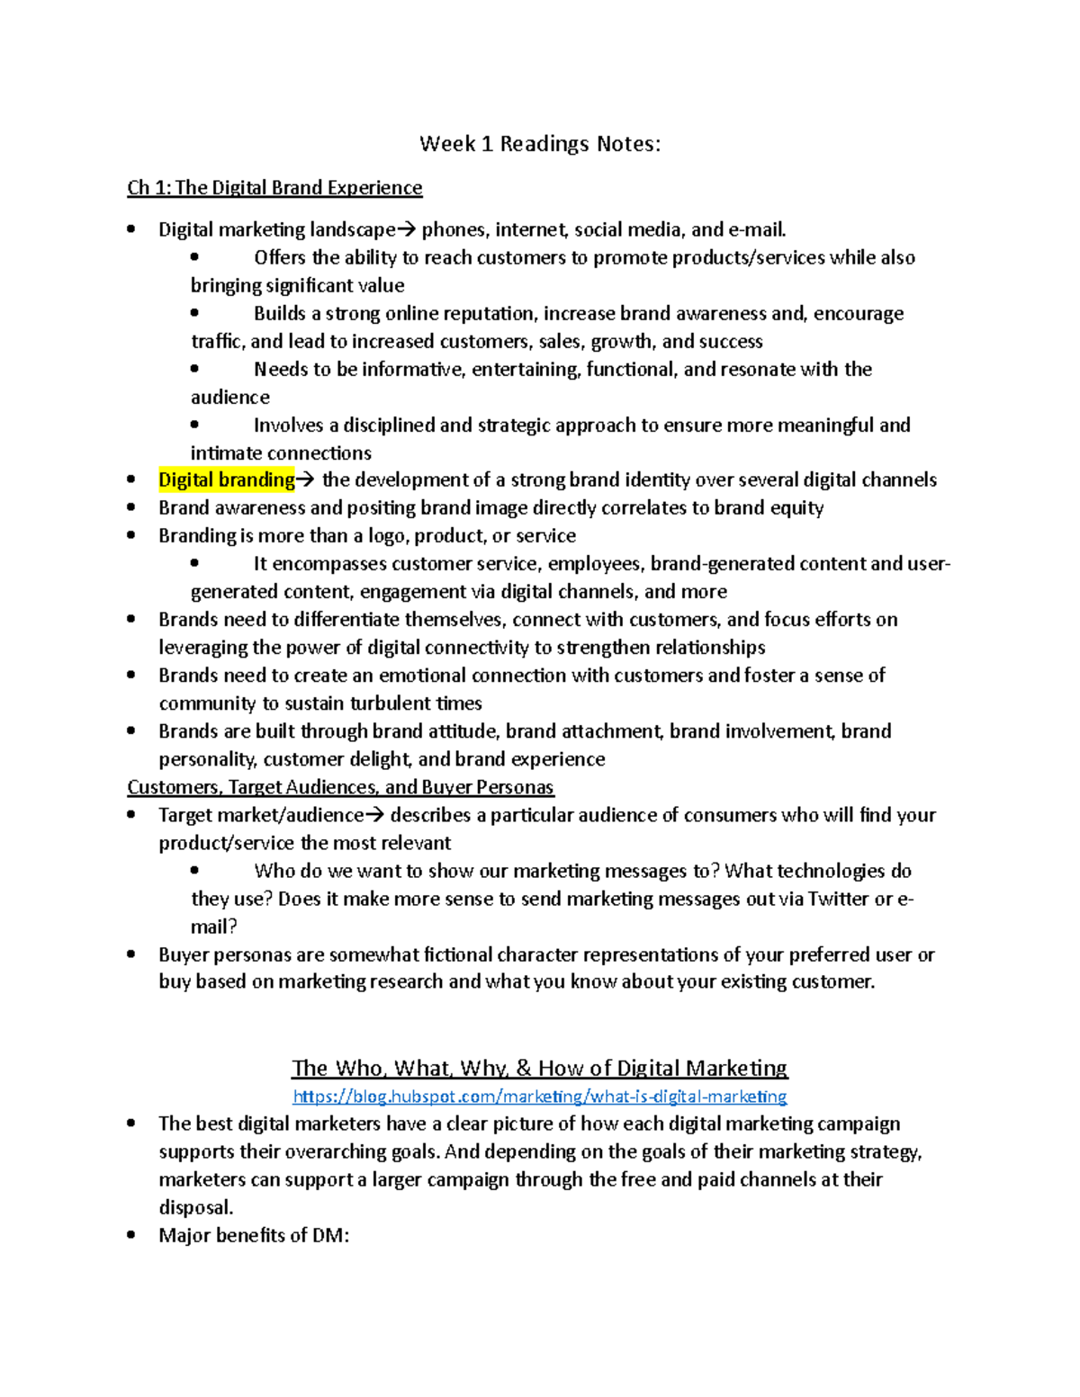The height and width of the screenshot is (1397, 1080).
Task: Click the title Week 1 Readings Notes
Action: (x=540, y=144)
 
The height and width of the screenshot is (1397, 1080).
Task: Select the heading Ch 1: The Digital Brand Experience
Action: (x=274, y=188)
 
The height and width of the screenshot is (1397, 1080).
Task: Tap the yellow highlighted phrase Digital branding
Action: (x=226, y=480)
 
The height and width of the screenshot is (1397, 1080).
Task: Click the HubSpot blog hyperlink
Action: (x=540, y=1097)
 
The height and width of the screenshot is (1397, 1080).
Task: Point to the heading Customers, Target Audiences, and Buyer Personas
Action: (x=340, y=787)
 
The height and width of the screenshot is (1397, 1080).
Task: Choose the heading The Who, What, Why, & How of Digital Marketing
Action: (x=540, y=1069)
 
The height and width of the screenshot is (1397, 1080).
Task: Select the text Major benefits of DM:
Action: (x=254, y=1235)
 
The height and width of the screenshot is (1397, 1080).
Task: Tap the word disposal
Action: (x=195, y=1207)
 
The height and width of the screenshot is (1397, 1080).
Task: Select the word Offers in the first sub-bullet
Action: (x=280, y=258)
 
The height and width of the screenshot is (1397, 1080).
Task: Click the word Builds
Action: (x=280, y=314)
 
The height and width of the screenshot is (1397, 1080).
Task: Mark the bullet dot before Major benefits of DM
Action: (x=131, y=1234)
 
